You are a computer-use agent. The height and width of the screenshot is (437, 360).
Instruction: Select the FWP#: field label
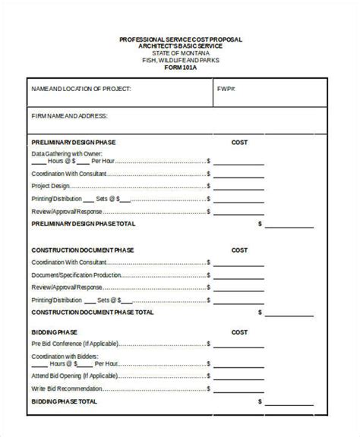pyautogui.click(x=226, y=89)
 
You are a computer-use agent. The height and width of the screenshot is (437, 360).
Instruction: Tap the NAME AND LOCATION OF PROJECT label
pyautogui.click(x=81, y=89)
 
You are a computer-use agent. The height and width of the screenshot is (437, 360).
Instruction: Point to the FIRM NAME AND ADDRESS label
pyautogui.click(x=69, y=116)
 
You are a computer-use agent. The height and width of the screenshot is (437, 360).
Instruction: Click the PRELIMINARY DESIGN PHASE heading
pyautogui.click(x=74, y=142)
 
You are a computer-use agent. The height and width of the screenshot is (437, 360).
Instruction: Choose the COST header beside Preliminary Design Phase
pyautogui.click(x=239, y=142)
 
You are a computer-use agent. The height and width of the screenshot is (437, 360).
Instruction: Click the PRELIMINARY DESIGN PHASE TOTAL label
pyautogui.click(x=84, y=225)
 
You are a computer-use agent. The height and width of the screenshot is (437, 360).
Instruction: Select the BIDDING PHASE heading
pyautogui.click(x=54, y=332)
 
